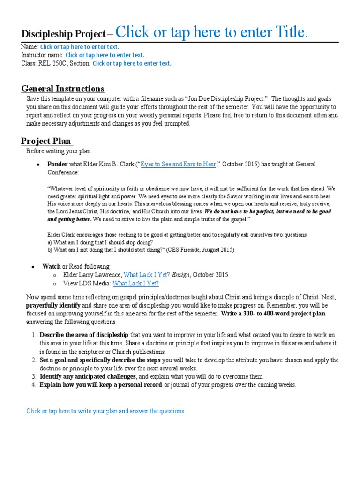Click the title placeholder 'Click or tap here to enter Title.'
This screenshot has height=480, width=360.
(212, 32)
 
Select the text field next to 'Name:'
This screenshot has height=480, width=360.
(79, 47)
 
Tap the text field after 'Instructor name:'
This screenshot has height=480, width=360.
(105, 55)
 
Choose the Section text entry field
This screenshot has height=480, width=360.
(132, 64)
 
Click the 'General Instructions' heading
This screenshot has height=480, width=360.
(63, 89)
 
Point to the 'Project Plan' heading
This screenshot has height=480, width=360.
(46, 141)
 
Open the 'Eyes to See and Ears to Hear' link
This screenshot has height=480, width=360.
(179, 164)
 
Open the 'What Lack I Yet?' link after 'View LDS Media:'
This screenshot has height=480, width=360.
(136, 284)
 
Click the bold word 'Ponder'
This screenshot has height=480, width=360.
(57, 164)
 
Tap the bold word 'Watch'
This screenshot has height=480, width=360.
(52, 266)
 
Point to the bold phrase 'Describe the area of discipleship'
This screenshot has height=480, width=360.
(83, 335)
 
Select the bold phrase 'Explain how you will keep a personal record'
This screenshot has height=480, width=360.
(101, 385)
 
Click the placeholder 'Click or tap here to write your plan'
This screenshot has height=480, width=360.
(106, 411)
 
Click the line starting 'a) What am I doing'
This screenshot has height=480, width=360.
(100, 242)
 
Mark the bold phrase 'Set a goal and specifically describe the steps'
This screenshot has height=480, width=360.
(100, 360)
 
